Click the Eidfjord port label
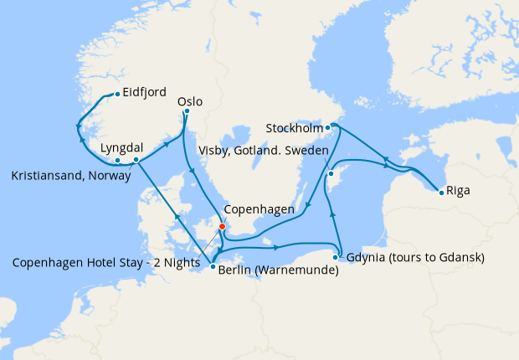(x=144, y=92)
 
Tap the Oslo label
(x=190, y=101)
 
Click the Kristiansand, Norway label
(x=71, y=177)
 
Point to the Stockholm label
(x=293, y=128)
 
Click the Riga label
(x=458, y=190)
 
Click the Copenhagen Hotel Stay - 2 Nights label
(x=106, y=262)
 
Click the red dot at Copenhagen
(x=222, y=226)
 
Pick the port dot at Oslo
(x=187, y=111)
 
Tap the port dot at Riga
(x=441, y=193)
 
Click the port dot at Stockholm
(x=328, y=127)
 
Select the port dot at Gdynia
(x=336, y=257)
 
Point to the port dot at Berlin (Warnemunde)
(x=213, y=267)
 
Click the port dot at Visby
(x=331, y=174)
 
